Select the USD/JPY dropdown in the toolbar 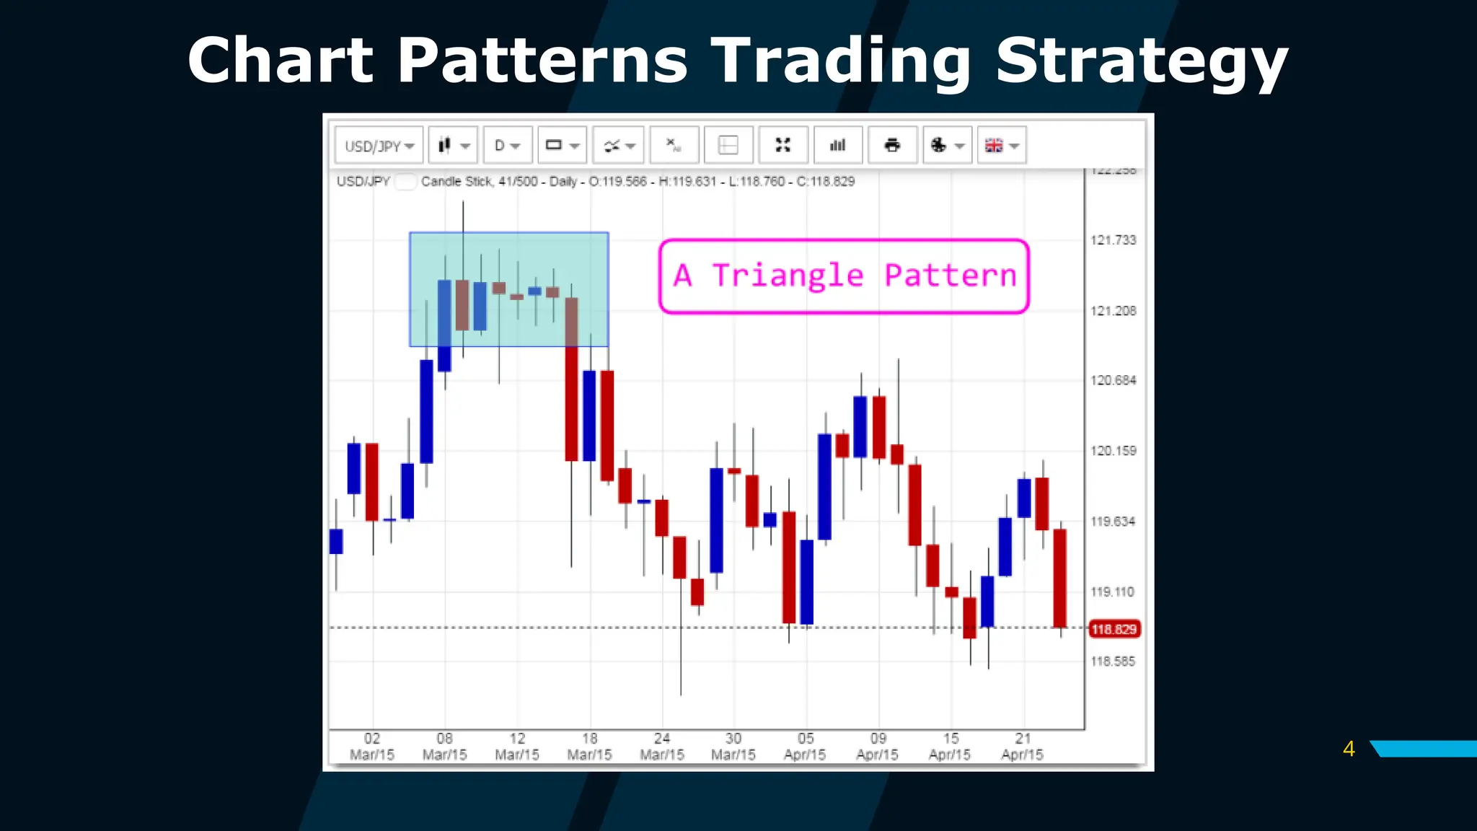(x=379, y=146)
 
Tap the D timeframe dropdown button (x=507, y=146)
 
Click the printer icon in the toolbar (x=892, y=146)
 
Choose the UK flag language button (x=1001, y=146)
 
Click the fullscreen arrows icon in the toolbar (x=782, y=146)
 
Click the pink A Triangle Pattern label (x=844, y=276)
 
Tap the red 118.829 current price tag (x=1114, y=629)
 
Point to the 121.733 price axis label (x=1113, y=240)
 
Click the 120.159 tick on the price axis (x=1113, y=451)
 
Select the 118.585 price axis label (x=1113, y=661)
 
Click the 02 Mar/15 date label (x=372, y=747)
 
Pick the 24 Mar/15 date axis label (x=662, y=747)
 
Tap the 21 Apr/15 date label (x=1023, y=747)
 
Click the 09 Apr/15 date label (x=878, y=747)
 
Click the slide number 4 (x=1349, y=749)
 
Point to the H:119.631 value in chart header (x=687, y=182)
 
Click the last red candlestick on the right (x=1059, y=577)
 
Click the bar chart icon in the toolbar (x=837, y=146)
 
